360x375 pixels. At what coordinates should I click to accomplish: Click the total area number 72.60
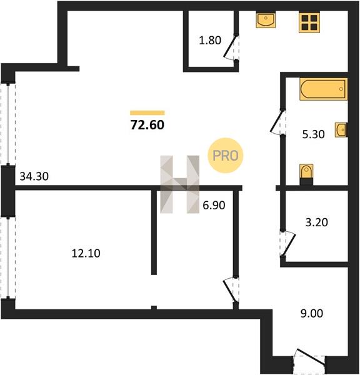pyautogui.click(x=147, y=125)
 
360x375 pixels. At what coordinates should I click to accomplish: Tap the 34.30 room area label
pyautogui.click(x=34, y=176)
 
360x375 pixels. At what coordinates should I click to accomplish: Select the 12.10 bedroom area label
pyautogui.click(x=86, y=253)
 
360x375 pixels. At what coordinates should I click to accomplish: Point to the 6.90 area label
pyautogui.click(x=214, y=206)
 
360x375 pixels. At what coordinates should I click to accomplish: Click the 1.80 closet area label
pyautogui.click(x=210, y=41)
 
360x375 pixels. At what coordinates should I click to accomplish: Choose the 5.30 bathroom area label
pyautogui.click(x=313, y=134)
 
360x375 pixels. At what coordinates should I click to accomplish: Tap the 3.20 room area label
pyautogui.click(x=317, y=222)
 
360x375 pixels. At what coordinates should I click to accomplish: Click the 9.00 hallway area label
pyautogui.click(x=312, y=313)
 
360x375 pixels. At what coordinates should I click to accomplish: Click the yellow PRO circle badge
pyautogui.click(x=226, y=156)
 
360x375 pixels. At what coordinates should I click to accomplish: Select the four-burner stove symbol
pyautogui.click(x=309, y=22)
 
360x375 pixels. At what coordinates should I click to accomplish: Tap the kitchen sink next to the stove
pyautogui.click(x=266, y=20)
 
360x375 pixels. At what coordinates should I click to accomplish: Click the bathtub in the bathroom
pyautogui.click(x=323, y=89)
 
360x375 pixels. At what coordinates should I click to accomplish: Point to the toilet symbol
pyautogui.click(x=306, y=174)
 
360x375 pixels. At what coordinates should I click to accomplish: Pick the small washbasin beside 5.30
pyautogui.click(x=341, y=130)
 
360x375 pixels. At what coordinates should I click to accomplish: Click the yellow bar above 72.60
pyautogui.click(x=147, y=113)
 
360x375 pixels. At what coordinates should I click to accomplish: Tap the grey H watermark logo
pyautogui.click(x=179, y=184)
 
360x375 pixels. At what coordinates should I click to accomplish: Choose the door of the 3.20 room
pyautogui.click(x=288, y=244)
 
